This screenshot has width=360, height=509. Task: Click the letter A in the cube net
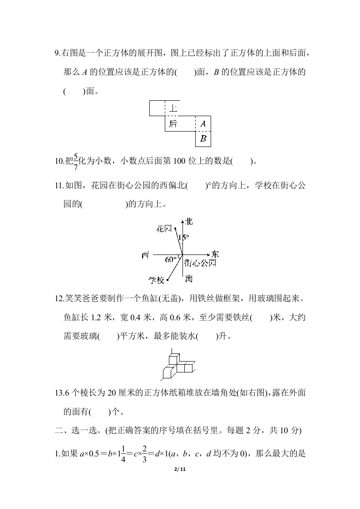(x=203, y=123)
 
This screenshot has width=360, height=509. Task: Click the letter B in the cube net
(x=203, y=139)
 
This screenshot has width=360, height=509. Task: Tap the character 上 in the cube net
(x=173, y=108)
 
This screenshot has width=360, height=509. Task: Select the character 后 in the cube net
(x=173, y=124)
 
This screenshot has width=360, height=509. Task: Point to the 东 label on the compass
(x=215, y=254)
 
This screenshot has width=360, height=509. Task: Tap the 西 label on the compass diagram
(x=145, y=255)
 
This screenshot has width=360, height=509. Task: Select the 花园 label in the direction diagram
(x=163, y=229)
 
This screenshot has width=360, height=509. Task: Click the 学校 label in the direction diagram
(x=156, y=280)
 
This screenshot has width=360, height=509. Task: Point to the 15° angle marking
(x=183, y=237)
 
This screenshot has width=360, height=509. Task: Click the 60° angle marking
(x=170, y=259)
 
